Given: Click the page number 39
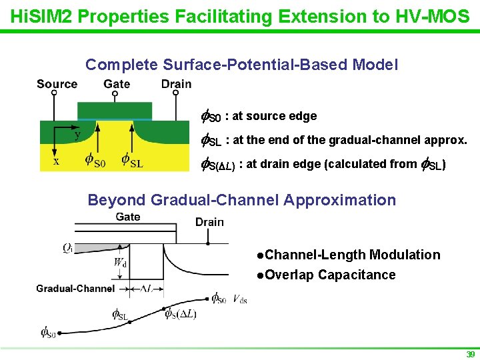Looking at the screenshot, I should click(x=471, y=355).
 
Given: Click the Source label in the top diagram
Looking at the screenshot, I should click(x=57, y=84).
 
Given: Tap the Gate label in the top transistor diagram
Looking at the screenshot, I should click(x=117, y=84).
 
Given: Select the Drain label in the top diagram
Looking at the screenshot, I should click(x=176, y=84).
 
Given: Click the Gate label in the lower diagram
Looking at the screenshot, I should click(x=128, y=217).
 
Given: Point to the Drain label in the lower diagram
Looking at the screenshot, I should click(x=209, y=222).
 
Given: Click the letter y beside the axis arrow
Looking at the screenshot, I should click(x=77, y=135).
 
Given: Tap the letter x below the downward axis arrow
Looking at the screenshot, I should click(x=56, y=161).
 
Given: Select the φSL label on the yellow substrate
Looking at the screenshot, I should click(x=132, y=160).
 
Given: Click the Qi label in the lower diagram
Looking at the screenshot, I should click(x=68, y=248).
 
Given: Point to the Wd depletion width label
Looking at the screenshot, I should click(x=120, y=263).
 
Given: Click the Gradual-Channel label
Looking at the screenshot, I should click(x=75, y=289).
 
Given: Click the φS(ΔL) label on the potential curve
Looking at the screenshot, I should click(x=181, y=314).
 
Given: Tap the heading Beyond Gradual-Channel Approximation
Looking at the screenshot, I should click(x=241, y=200).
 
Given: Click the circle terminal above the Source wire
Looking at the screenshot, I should click(x=54, y=94).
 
